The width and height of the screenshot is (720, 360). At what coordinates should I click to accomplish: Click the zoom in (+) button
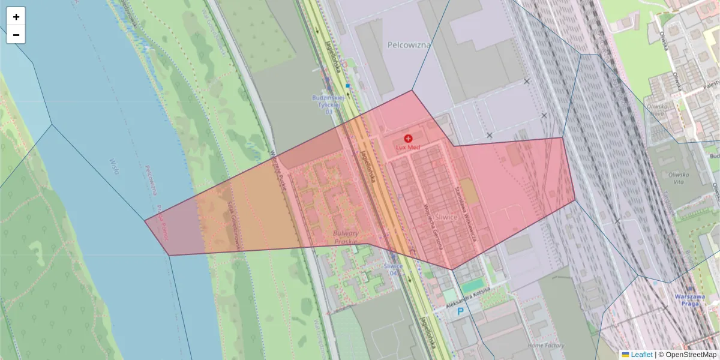coord(16,17)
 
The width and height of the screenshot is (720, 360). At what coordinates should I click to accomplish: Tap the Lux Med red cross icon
coord(409,139)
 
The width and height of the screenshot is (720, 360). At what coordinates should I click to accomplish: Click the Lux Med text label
coord(409,148)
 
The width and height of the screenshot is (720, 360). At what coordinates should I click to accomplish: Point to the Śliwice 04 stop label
coord(392,269)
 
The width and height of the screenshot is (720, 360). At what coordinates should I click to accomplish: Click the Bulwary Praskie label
coord(346,237)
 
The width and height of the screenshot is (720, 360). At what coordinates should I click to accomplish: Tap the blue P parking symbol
coord(461,311)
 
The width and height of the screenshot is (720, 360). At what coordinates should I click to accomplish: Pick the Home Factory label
coord(546,346)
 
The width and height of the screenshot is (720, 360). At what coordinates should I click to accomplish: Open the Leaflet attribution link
coord(641,355)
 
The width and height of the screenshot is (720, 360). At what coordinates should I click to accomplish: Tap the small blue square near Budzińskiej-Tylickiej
coord(347,86)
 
